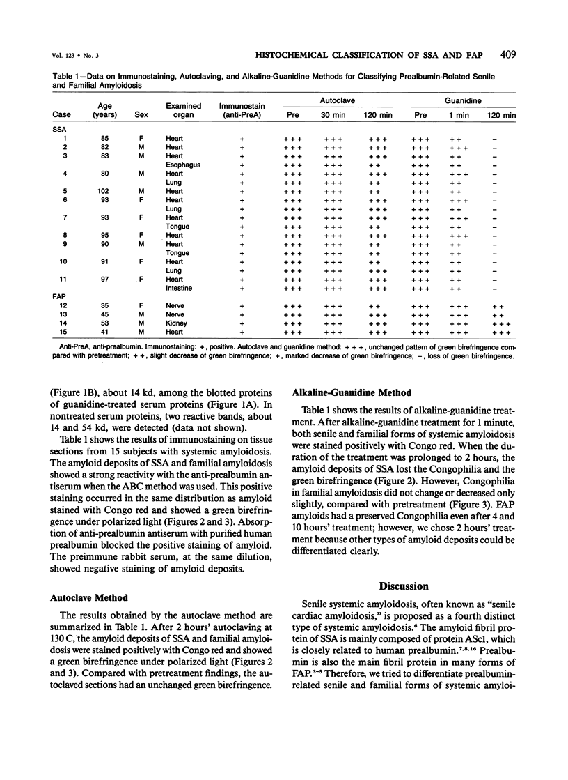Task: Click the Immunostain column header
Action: point(242,110)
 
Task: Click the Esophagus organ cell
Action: point(180,165)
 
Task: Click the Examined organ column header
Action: point(184,110)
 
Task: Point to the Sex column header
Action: point(142,114)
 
